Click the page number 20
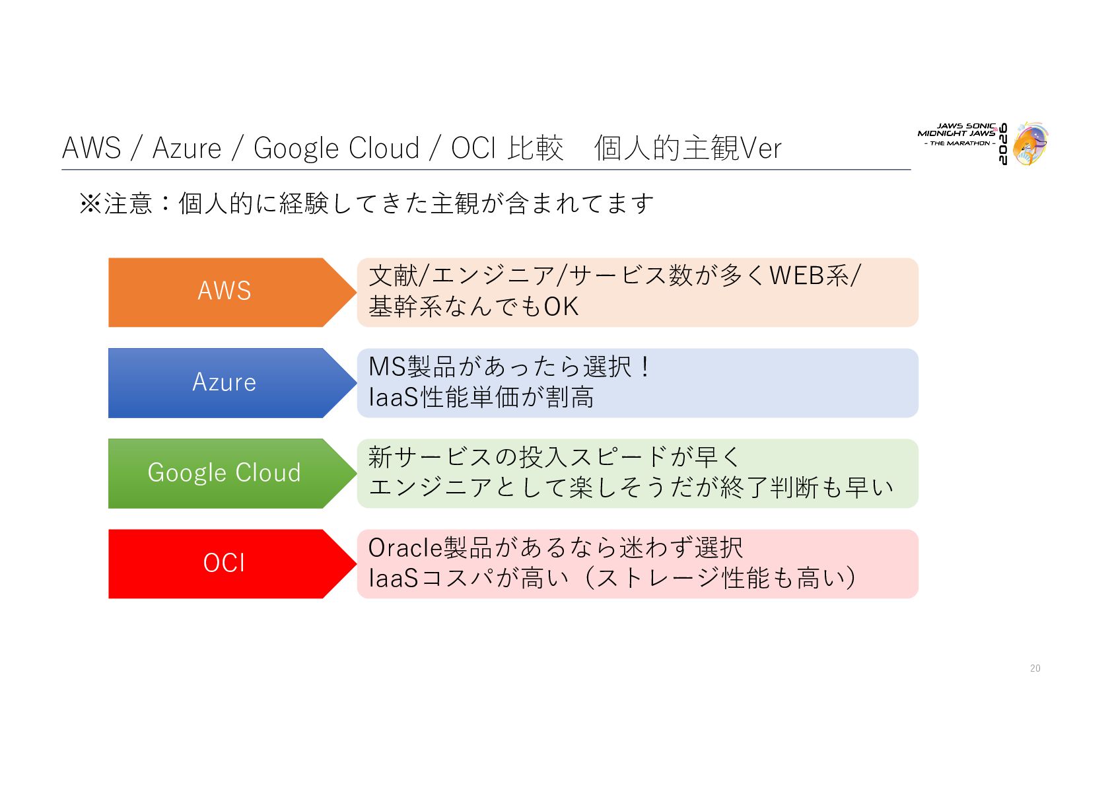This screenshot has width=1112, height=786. (x=1035, y=668)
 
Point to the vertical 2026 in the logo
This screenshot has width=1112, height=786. (x=1003, y=143)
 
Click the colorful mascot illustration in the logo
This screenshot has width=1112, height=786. (x=1031, y=144)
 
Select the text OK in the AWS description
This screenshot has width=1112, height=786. (x=561, y=306)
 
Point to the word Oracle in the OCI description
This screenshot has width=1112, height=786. (x=405, y=548)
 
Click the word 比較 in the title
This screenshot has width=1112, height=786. (x=536, y=148)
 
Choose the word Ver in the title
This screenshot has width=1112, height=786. (x=761, y=149)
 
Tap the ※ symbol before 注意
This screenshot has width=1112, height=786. (x=90, y=203)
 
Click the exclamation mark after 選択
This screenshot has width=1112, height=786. (x=645, y=367)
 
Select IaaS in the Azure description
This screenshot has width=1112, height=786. (x=393, y=397)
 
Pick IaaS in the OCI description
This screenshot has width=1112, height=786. (x=393, y=578)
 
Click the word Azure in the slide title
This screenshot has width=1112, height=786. (x=187, y=148)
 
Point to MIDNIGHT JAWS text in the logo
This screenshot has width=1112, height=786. (x=956, y=133)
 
